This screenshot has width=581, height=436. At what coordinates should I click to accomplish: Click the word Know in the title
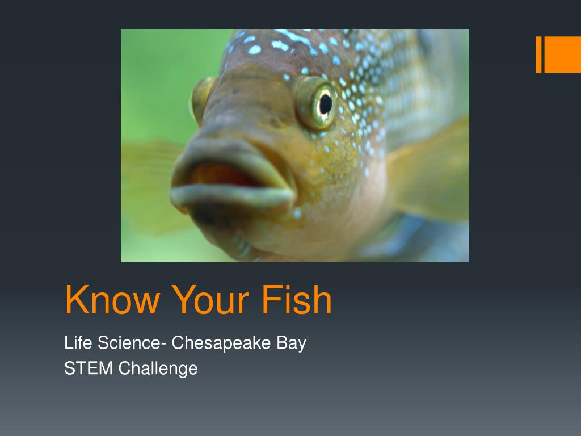tap(113, 300)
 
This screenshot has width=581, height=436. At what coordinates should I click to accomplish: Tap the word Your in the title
tap(210, 300)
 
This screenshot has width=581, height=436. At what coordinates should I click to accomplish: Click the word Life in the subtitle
tap(78, 342)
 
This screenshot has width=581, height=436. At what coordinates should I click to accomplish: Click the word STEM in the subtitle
tap(89, 368)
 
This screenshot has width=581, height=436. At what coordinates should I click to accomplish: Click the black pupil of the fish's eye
tap(325, 104)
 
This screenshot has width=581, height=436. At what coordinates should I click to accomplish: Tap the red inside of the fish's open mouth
tap(225, 175)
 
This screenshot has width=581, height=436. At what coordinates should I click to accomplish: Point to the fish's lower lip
tap(232, 196)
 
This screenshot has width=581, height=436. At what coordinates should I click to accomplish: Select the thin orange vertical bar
tap(539, 54)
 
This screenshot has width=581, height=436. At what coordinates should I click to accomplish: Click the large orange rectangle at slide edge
tap(562, 54)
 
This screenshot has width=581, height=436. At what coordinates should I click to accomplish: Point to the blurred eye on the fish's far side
tap(201, 99)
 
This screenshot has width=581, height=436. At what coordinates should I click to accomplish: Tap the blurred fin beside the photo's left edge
tap(152, 186)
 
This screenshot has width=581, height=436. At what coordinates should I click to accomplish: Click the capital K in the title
tap(76, 300)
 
